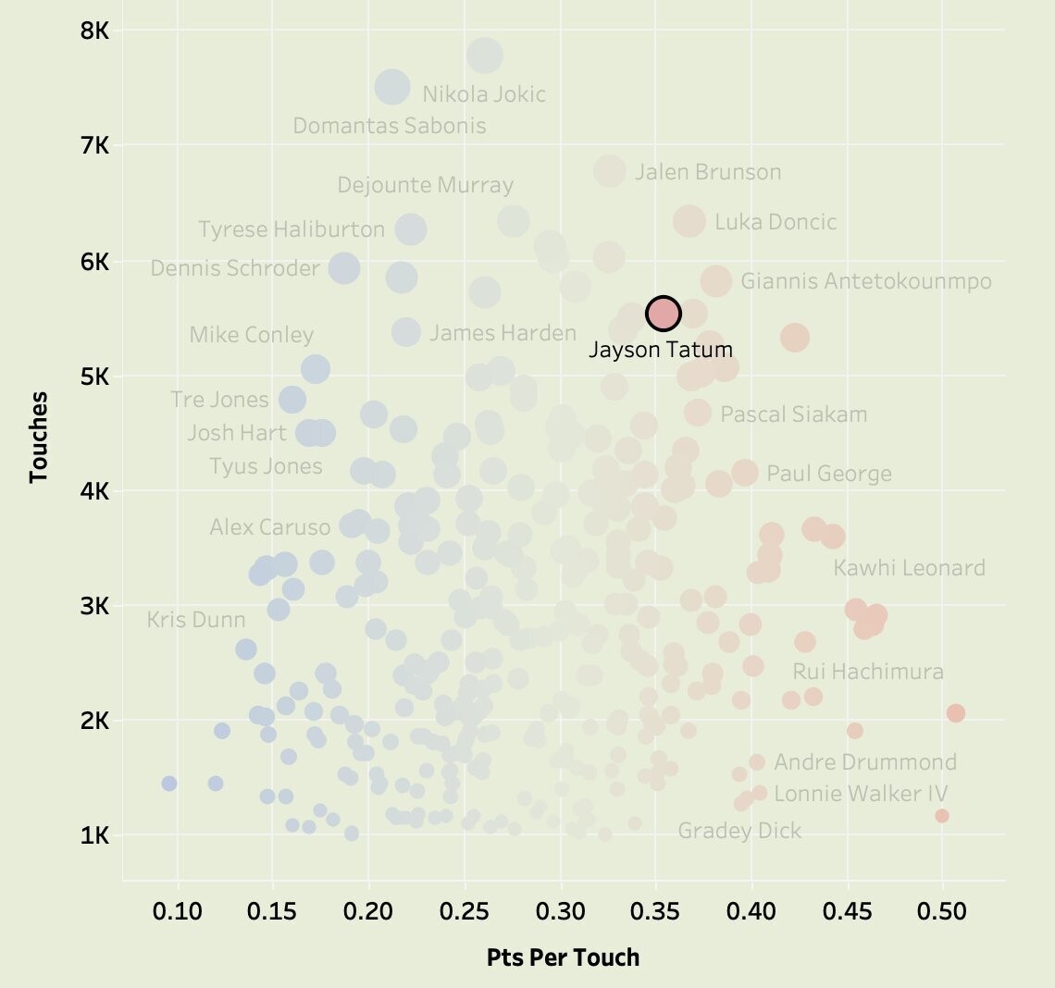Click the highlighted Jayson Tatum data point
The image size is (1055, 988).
coord(664,314)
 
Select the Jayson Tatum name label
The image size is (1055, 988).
coord(661,350)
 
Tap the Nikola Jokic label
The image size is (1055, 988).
coord(484,94)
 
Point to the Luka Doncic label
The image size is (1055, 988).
coord(776,222)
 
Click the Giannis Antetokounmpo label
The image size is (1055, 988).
coord(866,281)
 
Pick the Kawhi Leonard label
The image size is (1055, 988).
coord(909,568)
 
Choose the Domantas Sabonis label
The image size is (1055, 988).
coord(390,126)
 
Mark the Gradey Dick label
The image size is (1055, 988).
coord(739,831)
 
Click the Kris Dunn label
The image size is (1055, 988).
coord(196,620)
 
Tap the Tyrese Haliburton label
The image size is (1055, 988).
coord(292,229)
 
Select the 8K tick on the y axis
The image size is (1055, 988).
coord(95,31)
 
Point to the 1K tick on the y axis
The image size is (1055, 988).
coord(95,835)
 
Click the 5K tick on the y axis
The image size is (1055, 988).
coord(95,377)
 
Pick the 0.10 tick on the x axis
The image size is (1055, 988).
coord(178,911)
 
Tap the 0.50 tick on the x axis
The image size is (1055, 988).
coord(942,911)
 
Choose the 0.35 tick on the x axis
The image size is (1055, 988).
coord(656,911)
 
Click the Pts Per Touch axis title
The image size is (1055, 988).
coord(563,957)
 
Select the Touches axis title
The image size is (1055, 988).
coord(38,437)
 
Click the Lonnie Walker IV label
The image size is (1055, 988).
coord(861,794)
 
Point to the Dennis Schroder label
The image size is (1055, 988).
coord(235,268)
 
